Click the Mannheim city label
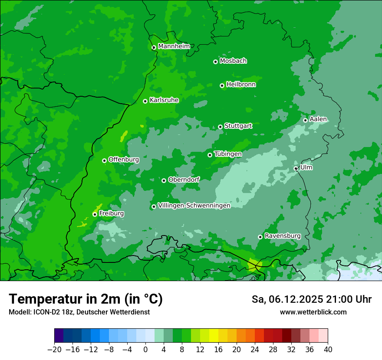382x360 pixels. pyautogui.click(x=174, y=46)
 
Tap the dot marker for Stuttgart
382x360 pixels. pyautogui.click(x=221, y=127)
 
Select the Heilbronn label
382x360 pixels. pyautogui.click(x=241, y=85)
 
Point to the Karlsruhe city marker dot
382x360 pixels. pyautogui.click(x=145, y=101)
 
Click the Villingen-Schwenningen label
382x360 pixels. pyautogui.click(x=194, y=206)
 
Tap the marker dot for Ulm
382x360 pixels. pyautogui.click(x=296, y=168)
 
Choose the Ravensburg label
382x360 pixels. pyautogui.click(x=283, y=236)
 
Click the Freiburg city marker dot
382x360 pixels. pyautogui.click(x=95, y=214)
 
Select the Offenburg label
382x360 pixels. pyautogui.click(x=124, y=160)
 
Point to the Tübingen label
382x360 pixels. pyautogui.click(x=228, y=154)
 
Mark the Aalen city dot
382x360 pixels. pyautogui.click(x=305, y=120)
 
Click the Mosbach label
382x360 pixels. pyautogui.click(x=233, y=61)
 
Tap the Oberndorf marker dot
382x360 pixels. pyautogui.click(x=164, y=180)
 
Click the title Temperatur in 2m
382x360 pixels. pyautogui.click(x=86, y=299)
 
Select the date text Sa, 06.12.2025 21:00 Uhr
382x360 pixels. pyautogui.click(x=311, y=299)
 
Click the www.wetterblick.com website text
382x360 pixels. pyautogui.click(x=313, y=312)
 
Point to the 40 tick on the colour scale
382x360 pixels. pyautogui.click(x=328, y=350)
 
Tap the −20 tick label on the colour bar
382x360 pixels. pyautogui.click(x=54, y=350)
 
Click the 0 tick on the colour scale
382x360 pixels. pyautogui.click(x=145, y=350)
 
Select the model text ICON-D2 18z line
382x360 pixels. pyautogui.click(x=79, y=312)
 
